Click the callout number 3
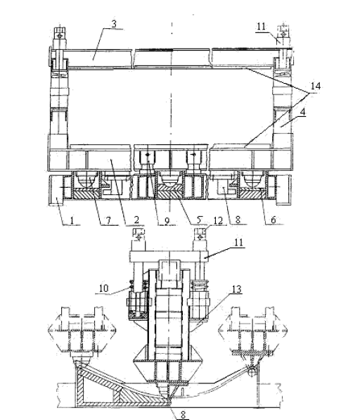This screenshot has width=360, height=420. tap(114, 24)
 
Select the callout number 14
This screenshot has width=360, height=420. tap(316, 86)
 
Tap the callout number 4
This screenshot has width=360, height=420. tap(302, 112)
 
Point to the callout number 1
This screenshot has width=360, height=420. tap(72, 220)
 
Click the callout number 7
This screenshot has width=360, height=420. tap(108, 220)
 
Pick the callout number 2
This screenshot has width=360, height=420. tap(136, 220)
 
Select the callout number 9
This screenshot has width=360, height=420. tap(167, 221)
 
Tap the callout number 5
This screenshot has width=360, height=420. tap(200, 220)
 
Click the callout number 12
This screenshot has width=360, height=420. tap(218, 220)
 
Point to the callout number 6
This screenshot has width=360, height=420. tap(274, 219)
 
